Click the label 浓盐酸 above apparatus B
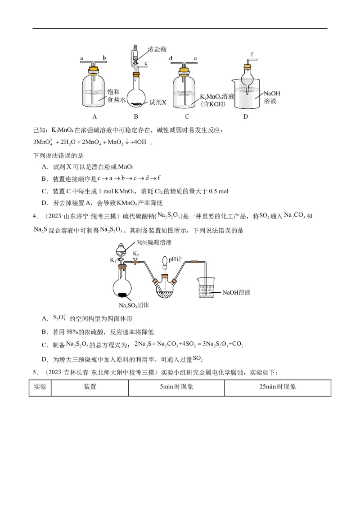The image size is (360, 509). pyautogui.click(x=157, y=49)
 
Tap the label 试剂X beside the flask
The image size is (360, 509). pyautogui.click(x=158, y=102)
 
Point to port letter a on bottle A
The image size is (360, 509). pyautogui.click(x=82, y=58)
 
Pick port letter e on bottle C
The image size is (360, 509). pyautogui.click(x=195, y=58)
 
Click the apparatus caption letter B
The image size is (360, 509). pyautogui.click(x=135, y=117)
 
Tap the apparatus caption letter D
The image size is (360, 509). pyautogui.click(x=245, y=117)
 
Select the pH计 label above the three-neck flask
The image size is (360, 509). pyautogui.click(x=174, y=259)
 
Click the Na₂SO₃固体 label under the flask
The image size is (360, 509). pyautogui.click(x=134, y=305)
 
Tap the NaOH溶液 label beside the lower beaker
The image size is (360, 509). pyautogui.click(x=236, y=292)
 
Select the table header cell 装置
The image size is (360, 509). pyautogui.click(x=90, y=387)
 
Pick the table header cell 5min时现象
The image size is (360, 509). pyautogui.click(x=176, y=387)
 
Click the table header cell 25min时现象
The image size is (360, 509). pyautogui.click(x=278, y=387)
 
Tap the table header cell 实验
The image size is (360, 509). pyautogui.click(x=40, y=387)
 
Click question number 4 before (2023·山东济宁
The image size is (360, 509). pyautogui.click(x=35, y=217)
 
